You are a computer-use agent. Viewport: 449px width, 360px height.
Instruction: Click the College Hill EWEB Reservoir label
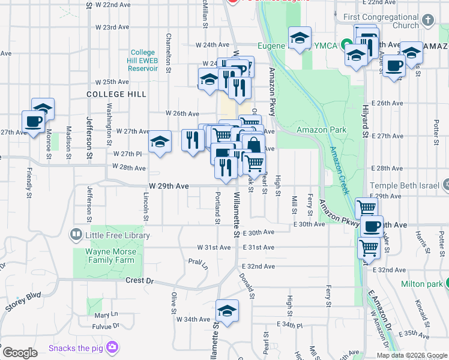[142, 60]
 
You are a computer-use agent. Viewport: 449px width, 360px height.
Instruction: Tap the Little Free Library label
[117, 235]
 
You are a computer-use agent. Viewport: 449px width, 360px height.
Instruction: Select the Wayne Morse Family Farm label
[110, 256]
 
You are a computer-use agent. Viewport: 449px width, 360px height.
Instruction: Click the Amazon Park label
[321, 130]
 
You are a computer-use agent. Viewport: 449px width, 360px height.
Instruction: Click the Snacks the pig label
[74, 348]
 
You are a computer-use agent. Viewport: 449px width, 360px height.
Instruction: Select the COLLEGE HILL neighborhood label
[116, 94]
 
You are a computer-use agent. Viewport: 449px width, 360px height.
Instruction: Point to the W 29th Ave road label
[170, 187]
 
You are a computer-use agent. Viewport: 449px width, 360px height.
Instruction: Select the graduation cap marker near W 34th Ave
[227, 311]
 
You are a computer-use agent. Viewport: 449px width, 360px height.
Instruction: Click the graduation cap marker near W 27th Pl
[160, 142]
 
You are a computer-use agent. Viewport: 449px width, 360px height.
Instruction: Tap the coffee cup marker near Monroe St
[33, 121]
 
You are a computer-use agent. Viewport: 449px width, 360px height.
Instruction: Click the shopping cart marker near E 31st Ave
[369, 247]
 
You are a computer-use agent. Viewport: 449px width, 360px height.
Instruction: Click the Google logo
[19, 353]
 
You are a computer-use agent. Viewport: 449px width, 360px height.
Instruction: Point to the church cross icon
[427, 21]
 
